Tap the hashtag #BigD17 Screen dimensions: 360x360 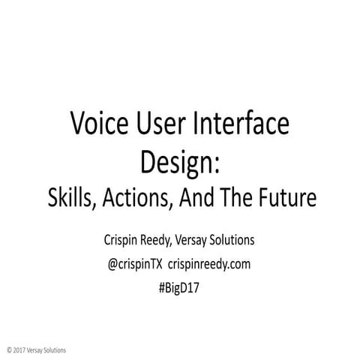click(179, 286)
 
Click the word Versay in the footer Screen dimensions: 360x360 click(36, 349)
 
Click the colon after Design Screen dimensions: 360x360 click(215, 161)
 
